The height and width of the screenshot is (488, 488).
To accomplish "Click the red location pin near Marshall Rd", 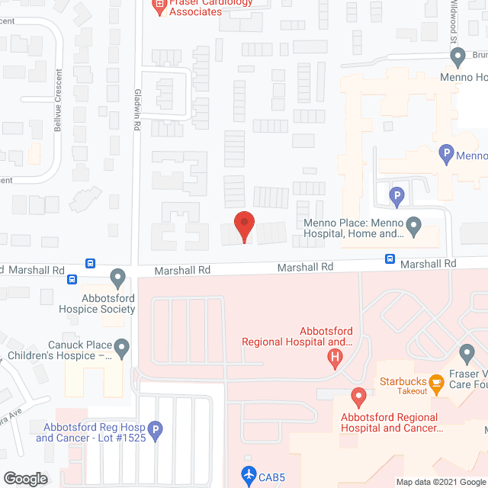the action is [x=243, y=226].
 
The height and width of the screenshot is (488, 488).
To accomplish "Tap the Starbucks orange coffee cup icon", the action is [x=437, y=382].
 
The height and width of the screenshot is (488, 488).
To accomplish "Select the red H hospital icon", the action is [x=333, y=360].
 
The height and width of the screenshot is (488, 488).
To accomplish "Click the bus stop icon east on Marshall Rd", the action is [x=390, y=259].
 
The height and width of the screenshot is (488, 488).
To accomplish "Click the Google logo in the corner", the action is [x=24, y=479].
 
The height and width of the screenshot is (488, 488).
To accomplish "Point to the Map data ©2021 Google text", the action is [x=441, y=482].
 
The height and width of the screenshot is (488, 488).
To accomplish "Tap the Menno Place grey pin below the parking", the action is [x=413, y=226].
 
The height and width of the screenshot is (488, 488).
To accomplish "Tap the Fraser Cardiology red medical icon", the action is [x=159, y=8].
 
